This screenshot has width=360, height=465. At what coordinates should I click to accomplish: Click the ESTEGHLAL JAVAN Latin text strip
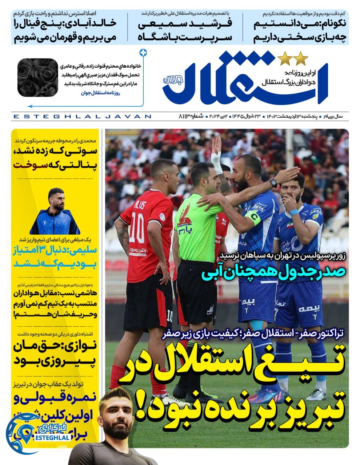tap(82, 116)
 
